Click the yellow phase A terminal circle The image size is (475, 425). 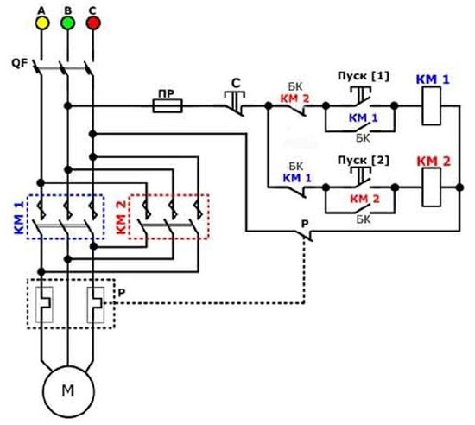(40, 22)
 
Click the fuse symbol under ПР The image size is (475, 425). (166, 106)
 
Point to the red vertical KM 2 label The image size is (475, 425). (120, 217)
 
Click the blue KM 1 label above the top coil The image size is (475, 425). (433, 80)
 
